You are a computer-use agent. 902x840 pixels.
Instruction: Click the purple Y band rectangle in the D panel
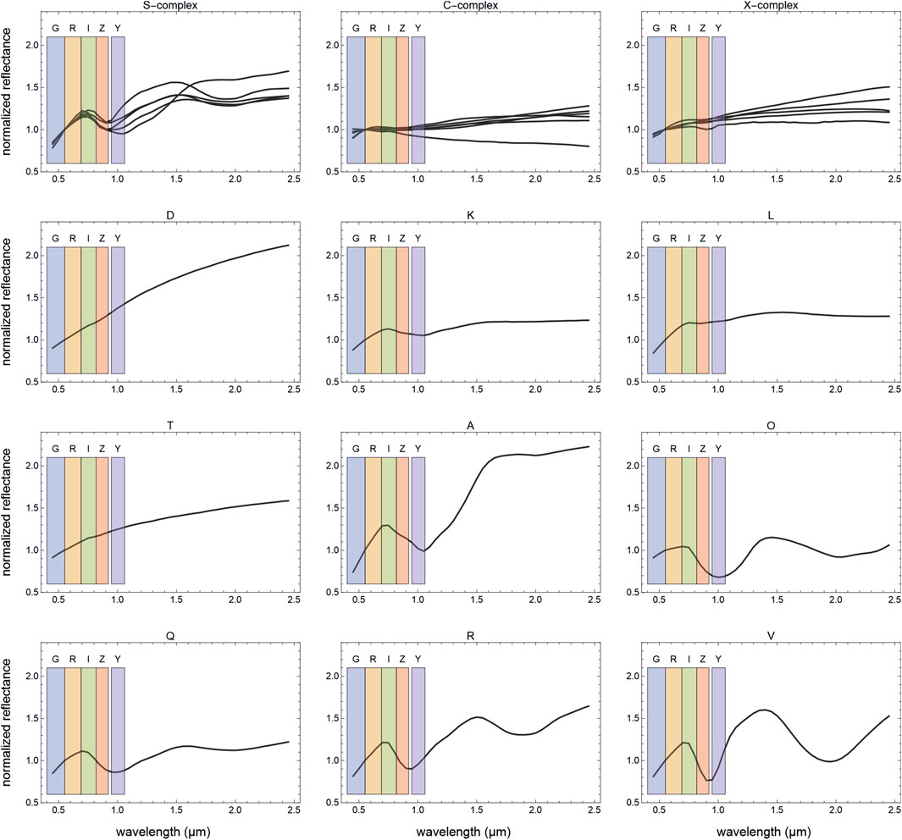tap(118, 309)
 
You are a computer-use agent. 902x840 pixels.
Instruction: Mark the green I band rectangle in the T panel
tap(88, 520)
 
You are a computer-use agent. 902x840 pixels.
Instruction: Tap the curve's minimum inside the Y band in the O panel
tap(718, 577)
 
